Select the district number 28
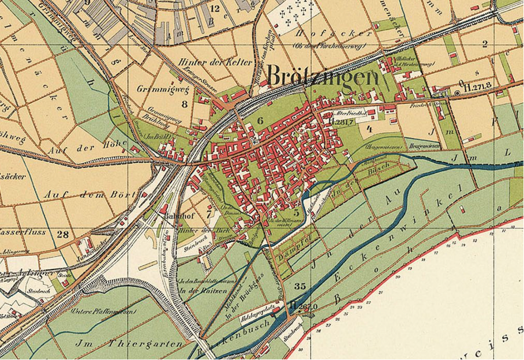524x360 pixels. [63, 234]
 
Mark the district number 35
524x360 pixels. [300, 286]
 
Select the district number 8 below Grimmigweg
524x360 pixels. [184, 104]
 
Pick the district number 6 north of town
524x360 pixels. [260, 120]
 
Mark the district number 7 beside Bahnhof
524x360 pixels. [209, 215]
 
